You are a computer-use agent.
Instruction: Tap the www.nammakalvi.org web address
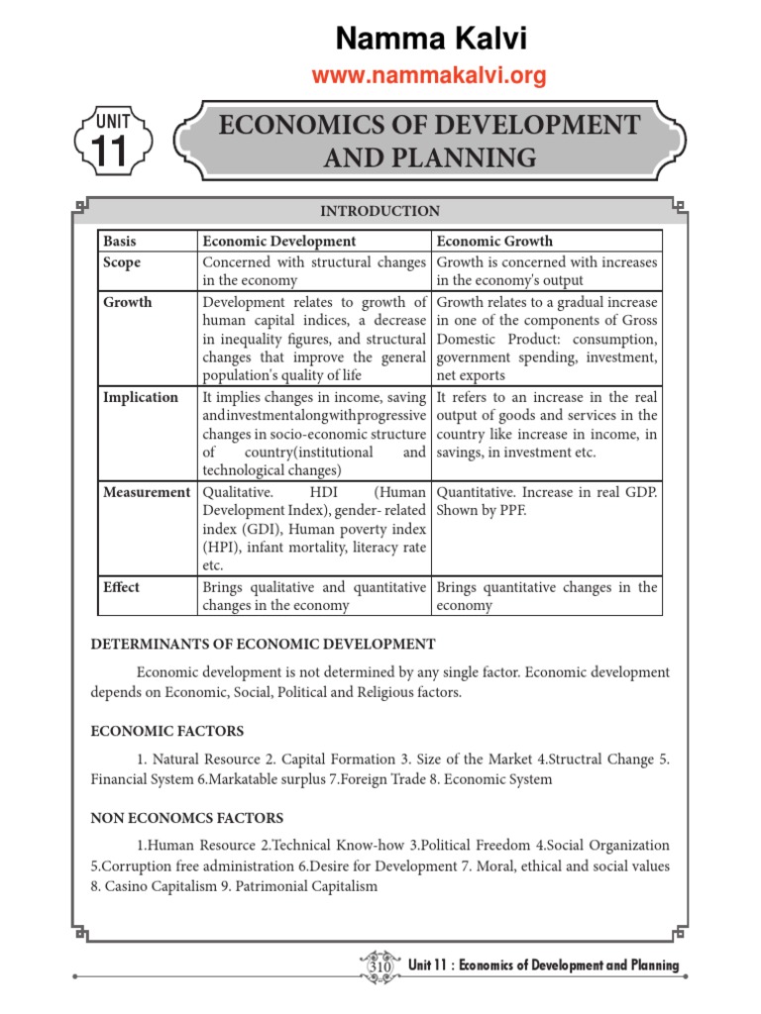[429, 76]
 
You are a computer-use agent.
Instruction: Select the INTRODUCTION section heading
[380, 211]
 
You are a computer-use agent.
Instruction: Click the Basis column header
[119, 241]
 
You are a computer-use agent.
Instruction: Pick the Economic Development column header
[278, 241]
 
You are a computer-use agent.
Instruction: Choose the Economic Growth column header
[494, 241]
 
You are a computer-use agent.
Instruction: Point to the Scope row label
[122, 262]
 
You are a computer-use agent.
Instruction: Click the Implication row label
[141, 397]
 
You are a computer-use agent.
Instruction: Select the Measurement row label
[147, 492]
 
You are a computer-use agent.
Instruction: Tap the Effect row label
[122, 587]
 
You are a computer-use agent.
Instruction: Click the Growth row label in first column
[128, 302]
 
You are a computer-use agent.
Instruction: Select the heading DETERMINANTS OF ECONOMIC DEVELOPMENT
[263, 645]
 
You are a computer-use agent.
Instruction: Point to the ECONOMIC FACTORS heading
[166, 732]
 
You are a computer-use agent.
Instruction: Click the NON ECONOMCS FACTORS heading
[187, 819]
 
